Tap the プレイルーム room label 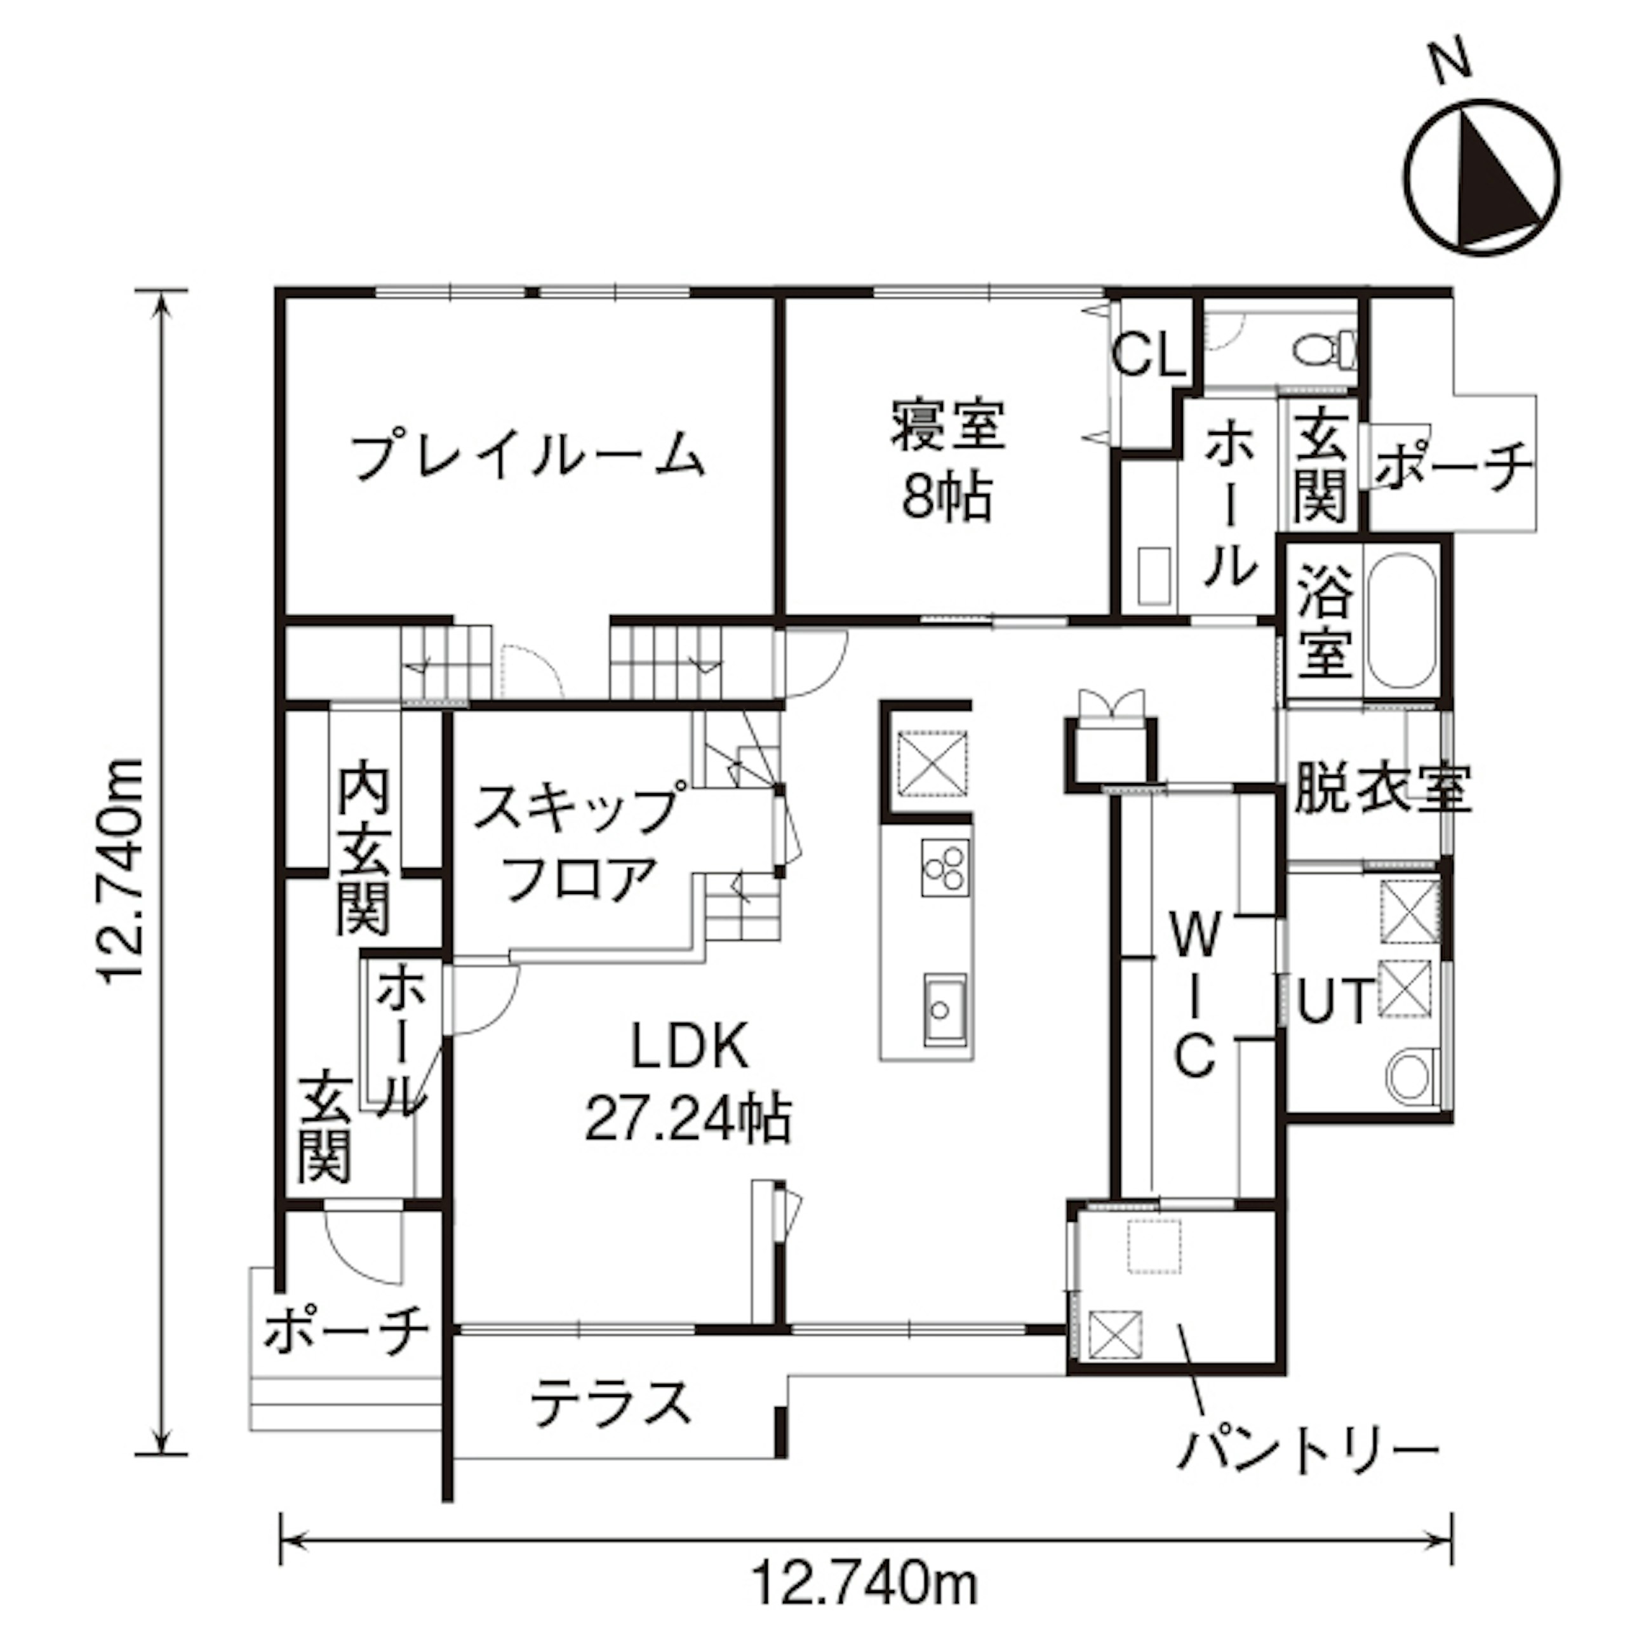529,455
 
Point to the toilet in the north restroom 1325,349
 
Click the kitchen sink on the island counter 944,1009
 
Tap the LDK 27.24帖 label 688,1083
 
